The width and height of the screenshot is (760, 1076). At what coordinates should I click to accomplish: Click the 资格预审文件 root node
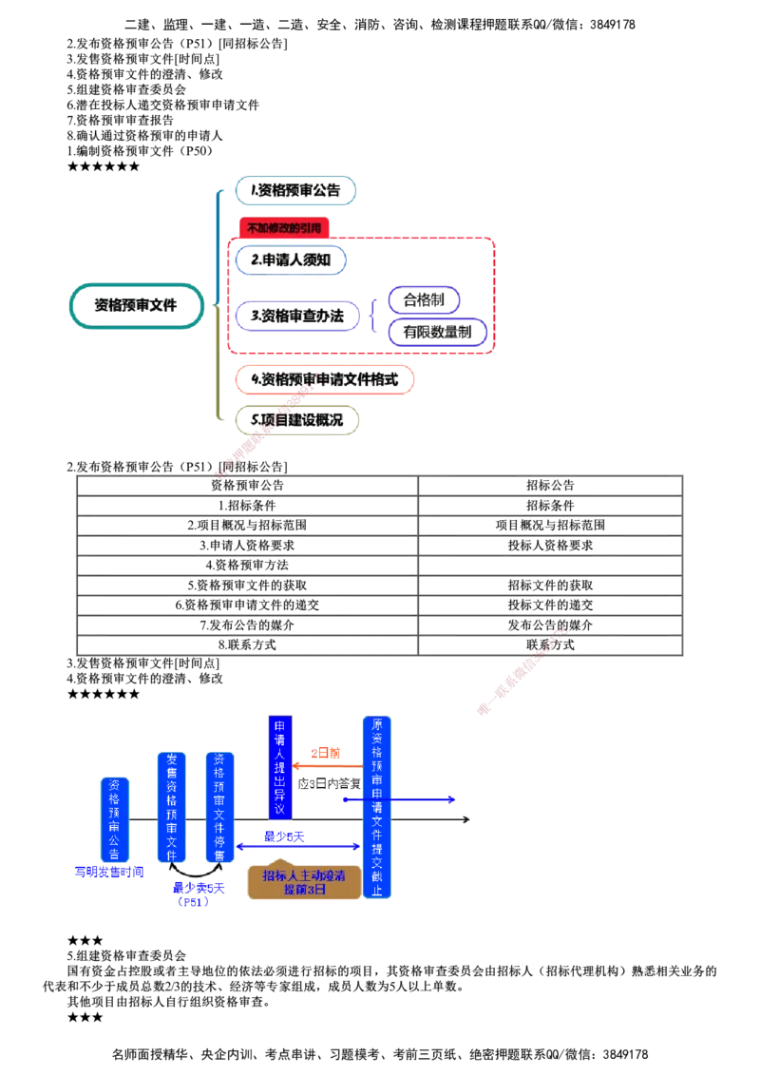pos(138,306)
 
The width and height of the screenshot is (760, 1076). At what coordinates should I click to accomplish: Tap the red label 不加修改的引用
pos(284,228)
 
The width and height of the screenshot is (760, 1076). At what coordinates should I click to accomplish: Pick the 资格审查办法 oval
pos(296,315)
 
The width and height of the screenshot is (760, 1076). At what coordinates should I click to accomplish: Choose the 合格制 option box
pos(424,300)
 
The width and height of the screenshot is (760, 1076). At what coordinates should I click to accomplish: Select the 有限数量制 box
pos(438,333)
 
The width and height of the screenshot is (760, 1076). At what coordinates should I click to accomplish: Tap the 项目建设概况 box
pos(296,418)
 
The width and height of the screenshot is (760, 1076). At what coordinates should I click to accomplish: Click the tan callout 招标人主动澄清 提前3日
pos(303,881)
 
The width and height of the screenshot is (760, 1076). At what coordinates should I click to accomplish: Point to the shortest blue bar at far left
pos(114,819)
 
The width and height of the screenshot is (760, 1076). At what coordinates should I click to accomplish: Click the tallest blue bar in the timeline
pos(377,806)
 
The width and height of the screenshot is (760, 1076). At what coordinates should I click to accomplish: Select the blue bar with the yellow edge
pos(281,766)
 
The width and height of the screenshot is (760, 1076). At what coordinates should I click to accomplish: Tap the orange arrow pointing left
pos(327,763)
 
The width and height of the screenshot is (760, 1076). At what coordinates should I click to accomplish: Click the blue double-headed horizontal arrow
pos(297,846)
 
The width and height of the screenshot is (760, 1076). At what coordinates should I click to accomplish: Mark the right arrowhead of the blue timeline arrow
pos(452,798)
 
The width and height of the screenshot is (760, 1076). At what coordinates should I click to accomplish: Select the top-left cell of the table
pos(246,486)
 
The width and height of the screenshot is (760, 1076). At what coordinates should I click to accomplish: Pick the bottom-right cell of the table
pos(550,645)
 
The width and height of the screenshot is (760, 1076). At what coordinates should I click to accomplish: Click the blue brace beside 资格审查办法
pos(372,315)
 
